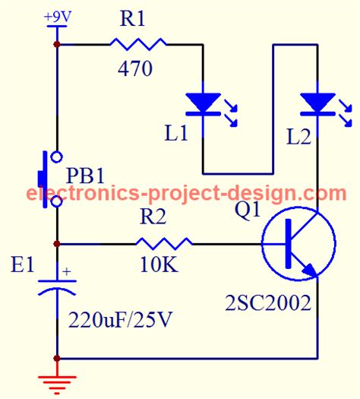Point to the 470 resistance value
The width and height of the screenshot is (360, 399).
click(134, 70)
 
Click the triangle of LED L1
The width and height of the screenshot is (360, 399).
click(203, 102)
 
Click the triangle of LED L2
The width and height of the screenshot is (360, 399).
click(317, 101)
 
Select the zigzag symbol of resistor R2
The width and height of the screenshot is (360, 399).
click(163, 244)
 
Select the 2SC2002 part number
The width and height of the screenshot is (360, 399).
click(268, 304)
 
